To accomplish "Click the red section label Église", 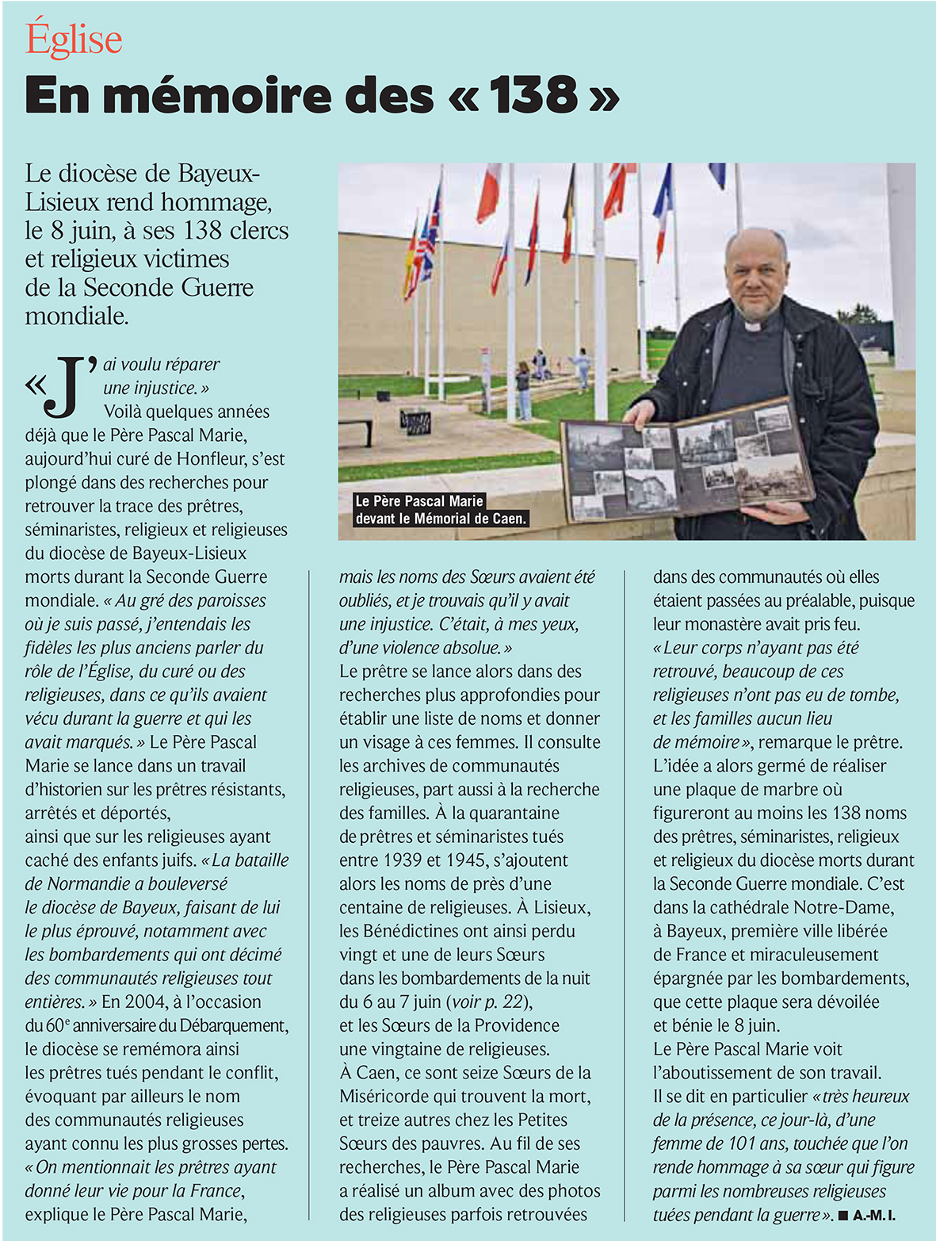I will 74,40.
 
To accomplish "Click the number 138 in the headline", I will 533,96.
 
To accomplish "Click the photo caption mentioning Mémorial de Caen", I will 441,511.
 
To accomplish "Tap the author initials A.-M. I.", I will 874,1216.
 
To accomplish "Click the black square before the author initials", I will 843,1216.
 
